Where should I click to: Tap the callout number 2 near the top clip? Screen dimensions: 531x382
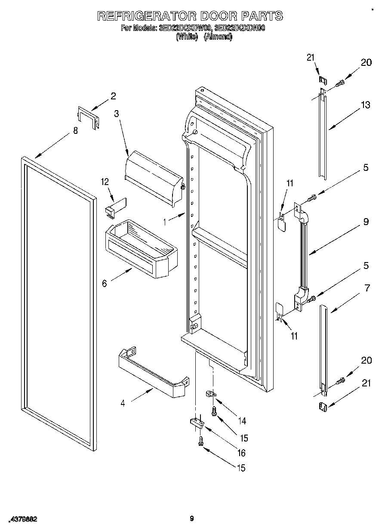113,96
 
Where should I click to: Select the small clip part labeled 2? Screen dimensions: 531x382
89,117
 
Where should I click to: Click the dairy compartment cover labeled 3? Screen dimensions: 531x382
153,176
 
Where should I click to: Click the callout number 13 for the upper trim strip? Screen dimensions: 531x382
365,105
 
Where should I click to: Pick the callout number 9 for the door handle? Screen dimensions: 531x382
365,222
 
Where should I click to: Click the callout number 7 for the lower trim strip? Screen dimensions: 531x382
367,288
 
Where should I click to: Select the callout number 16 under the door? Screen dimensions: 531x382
242,453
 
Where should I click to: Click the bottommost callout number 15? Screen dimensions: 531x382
241,468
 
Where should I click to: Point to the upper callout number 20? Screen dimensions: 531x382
366,62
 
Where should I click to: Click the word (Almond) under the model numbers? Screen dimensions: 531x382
218,37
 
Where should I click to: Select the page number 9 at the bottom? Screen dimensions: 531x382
192,519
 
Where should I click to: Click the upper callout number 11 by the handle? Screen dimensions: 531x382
290,183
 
